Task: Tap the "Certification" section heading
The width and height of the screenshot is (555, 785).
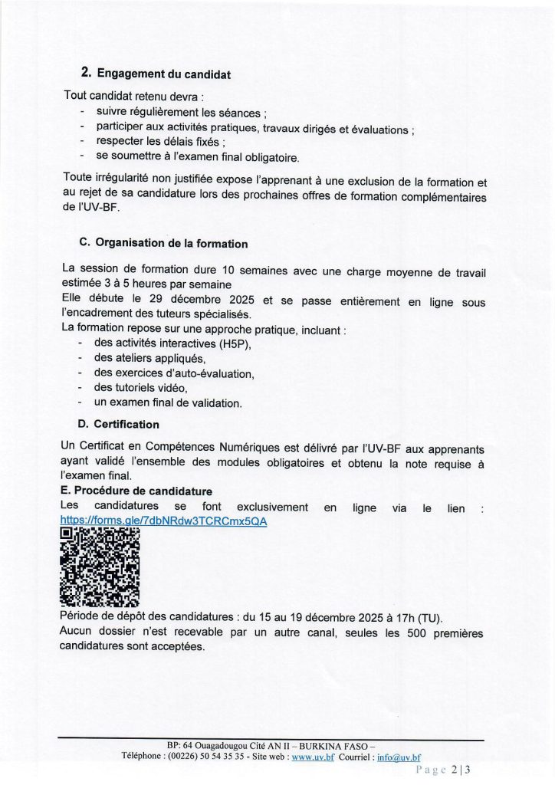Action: (x=126, y=424)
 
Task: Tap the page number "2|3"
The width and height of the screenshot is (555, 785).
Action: (x=460, y=769)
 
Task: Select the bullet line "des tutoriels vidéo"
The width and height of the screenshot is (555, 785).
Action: (x=140, y=388)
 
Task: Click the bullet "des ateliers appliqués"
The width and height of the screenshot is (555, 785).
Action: (x=149, y=358)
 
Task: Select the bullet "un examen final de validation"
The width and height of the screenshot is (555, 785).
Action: (x=168, y=402)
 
